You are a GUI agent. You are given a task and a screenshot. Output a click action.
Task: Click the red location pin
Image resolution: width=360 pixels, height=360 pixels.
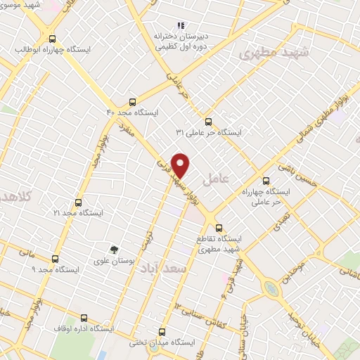(181, 165)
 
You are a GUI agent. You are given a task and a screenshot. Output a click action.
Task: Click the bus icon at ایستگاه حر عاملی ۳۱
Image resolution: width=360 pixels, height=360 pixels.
(207, 121)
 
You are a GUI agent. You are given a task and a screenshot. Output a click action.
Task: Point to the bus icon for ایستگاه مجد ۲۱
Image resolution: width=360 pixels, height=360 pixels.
(78, 202)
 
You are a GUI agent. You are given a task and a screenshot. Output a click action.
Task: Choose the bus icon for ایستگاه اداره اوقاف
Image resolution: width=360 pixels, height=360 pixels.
(84, 318)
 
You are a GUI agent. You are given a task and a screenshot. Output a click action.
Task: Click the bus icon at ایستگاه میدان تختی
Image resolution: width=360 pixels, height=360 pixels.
(162, 332)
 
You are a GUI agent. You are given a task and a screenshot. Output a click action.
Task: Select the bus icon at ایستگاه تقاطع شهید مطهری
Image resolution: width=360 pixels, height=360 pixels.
(219, 228)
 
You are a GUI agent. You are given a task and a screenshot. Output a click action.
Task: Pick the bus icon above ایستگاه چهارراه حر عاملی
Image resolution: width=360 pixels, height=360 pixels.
(266, 180)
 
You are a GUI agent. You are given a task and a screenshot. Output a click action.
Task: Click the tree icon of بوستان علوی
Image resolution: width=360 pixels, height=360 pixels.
(113, 249)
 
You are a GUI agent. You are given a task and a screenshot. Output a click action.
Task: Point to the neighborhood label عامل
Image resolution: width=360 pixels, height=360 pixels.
(216, 180)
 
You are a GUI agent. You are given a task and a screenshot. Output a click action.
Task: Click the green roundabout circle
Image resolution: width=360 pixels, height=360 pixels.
(270, 288)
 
